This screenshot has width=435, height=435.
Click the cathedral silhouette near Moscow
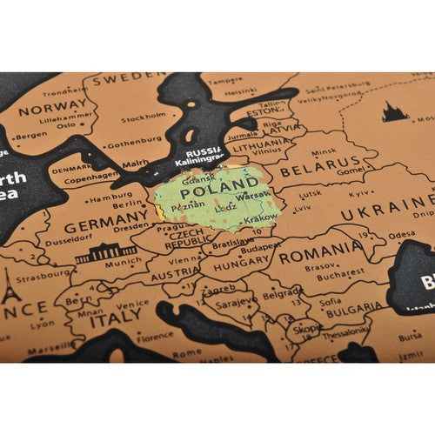pos(395,111)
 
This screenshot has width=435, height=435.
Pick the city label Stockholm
pos(144,117)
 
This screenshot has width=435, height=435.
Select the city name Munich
pos(121,260)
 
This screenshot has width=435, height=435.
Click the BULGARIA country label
pos(354,307)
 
